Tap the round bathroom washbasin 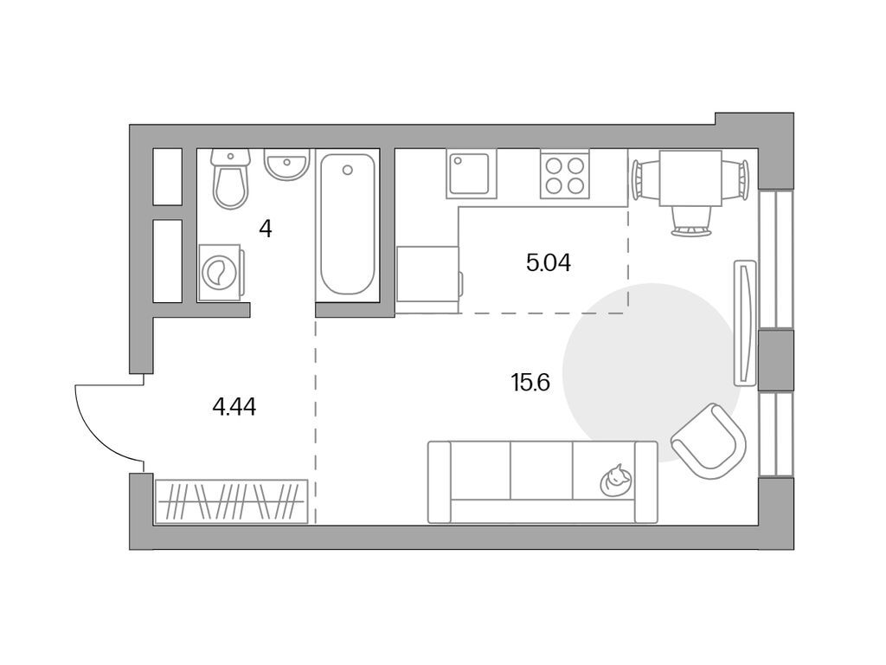tap(287, 164)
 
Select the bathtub tap(348, 223)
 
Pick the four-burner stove tap(564, 174)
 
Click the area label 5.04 tap(548, 263)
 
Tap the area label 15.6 tap(530, 383)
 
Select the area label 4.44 tap(234, 407)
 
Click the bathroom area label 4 tap(266, 229)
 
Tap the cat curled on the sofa tap(616, 481)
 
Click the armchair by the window tap(709, 441)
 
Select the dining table tap(690, 178)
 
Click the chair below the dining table tap(690, 222)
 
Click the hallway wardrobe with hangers tap(231, 501)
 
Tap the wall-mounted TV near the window tap(744, 322)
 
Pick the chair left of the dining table tap(645, 179)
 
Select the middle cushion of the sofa tap(542, 470)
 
